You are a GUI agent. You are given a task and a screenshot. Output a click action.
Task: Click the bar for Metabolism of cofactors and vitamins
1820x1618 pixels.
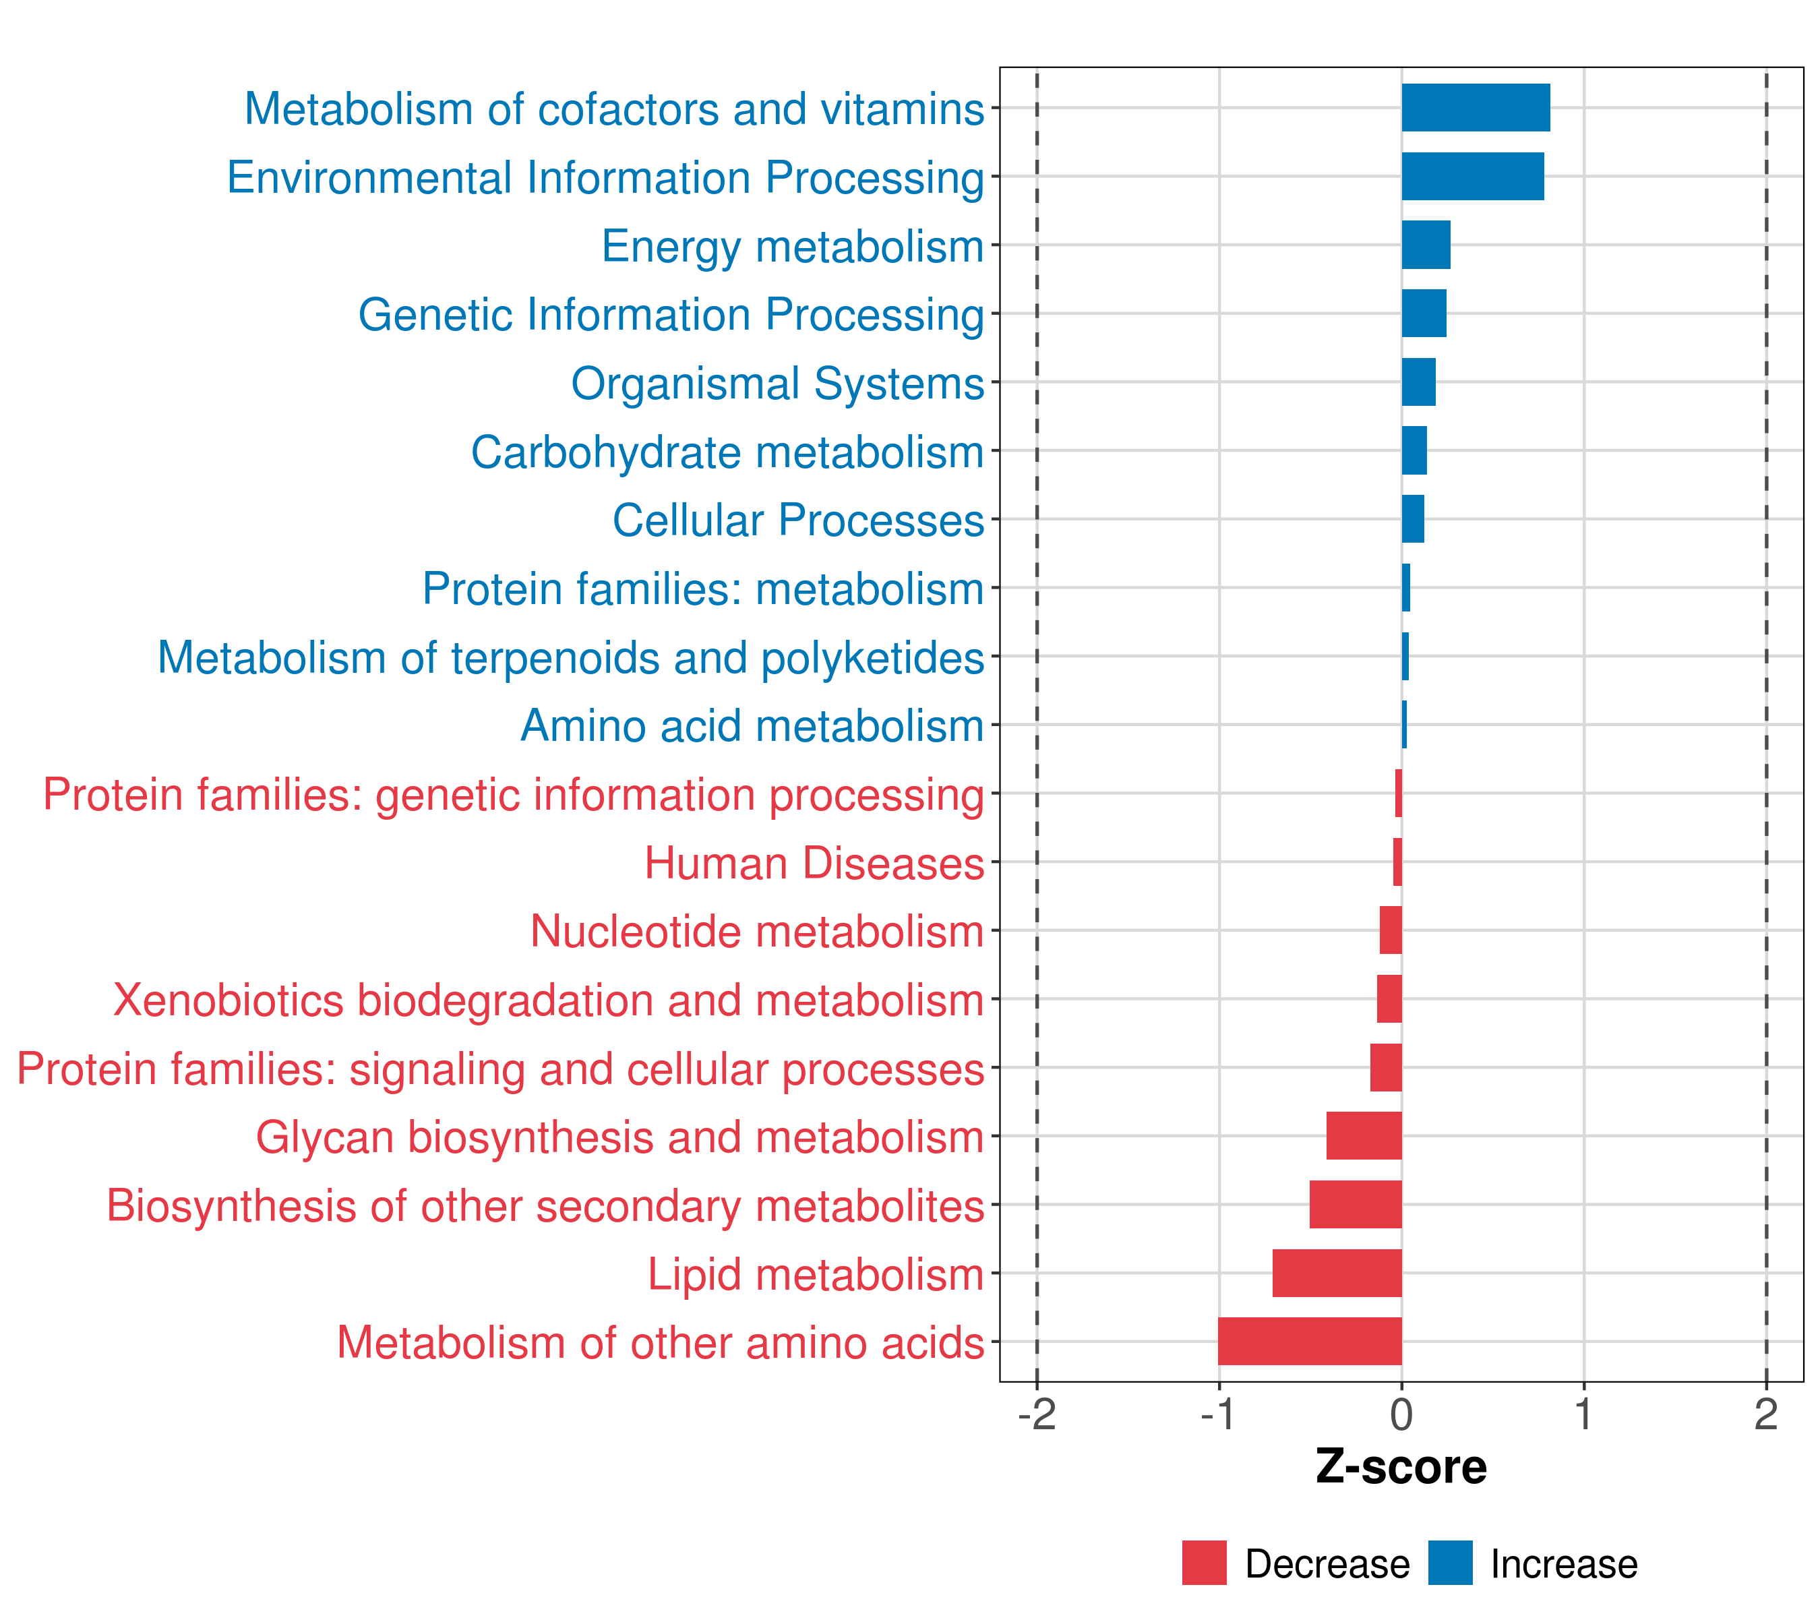1476,108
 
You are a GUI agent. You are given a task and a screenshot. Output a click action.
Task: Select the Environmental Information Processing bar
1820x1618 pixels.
1473,177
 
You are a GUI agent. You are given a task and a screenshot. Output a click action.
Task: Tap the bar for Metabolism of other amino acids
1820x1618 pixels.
1310,1341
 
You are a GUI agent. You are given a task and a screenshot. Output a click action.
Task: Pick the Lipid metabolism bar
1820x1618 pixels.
1337,1273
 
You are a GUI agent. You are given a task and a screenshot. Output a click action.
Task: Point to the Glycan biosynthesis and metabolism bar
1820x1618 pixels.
1364,1135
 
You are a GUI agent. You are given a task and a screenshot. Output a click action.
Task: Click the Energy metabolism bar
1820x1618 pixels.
1426,245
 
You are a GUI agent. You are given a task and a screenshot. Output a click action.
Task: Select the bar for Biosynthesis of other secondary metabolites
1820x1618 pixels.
1355,1204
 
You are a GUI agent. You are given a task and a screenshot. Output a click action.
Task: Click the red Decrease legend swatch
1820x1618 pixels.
1204,1563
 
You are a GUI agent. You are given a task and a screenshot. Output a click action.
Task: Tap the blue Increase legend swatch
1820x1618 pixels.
1449,1563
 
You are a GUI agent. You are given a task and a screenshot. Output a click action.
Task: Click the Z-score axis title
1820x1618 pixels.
1401,1466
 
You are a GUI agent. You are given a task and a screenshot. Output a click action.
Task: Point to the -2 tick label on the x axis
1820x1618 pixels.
1037,1414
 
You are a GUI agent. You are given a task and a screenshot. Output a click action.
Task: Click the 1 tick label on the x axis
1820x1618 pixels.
1583,1414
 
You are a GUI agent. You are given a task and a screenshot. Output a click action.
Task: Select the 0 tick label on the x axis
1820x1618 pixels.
1401,1414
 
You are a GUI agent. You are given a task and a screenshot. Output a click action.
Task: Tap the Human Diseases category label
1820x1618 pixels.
814,863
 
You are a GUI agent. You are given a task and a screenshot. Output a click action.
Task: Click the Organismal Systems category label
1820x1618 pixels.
777,384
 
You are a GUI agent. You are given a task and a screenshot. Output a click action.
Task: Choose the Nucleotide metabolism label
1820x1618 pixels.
757,932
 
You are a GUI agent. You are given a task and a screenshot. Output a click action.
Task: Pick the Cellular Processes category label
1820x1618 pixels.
798,520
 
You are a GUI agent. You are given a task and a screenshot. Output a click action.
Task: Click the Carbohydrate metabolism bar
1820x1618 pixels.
1414,450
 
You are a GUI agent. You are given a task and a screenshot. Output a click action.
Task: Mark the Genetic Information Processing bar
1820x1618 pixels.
1424,313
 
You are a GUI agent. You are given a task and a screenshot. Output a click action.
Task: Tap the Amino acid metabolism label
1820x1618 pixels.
752,725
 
